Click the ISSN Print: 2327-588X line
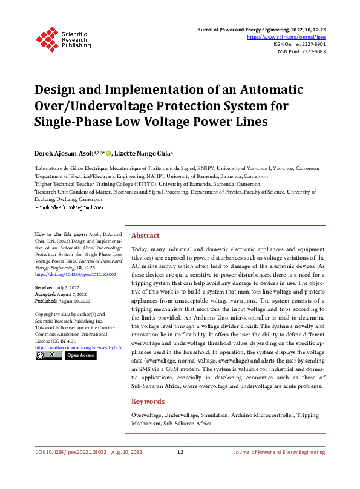point(301,51)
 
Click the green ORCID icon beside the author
point(109,154)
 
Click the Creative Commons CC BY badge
point(48,356)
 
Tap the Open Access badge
point(80,356)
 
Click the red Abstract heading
point(145,235)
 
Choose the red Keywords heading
point(148,401)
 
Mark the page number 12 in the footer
point(180,452)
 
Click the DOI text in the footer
point(70,452)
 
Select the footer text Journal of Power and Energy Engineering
point(280,452)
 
